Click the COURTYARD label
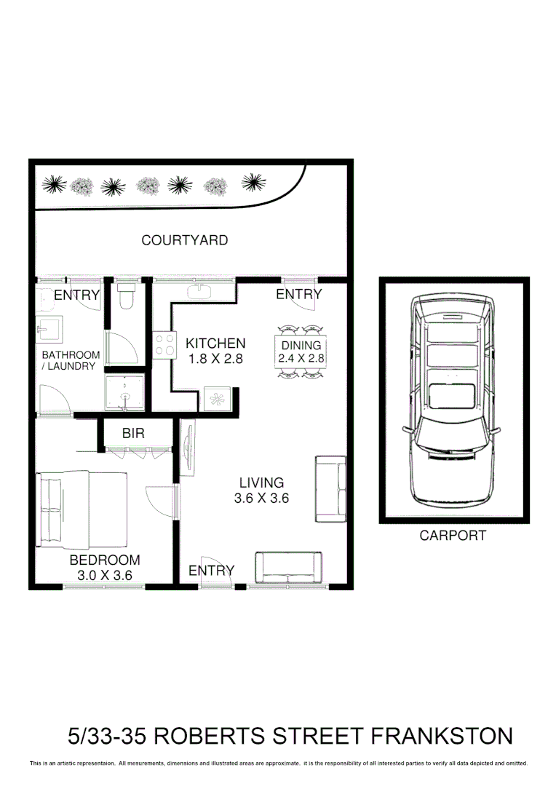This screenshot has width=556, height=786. (184, 240)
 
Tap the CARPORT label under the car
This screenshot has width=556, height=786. (452, 536)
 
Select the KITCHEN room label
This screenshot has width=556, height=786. (215, 343)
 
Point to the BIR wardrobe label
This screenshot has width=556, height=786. (133, 434)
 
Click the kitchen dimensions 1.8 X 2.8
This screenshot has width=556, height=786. (216, 359)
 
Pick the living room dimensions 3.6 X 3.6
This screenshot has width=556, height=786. (261, 499)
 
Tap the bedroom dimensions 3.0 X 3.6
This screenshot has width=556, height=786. (104, 576)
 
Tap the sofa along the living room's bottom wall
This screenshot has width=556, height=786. (288, 568)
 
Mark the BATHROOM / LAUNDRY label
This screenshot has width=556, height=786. (70, 361)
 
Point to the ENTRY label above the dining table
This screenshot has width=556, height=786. (298, 294)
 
